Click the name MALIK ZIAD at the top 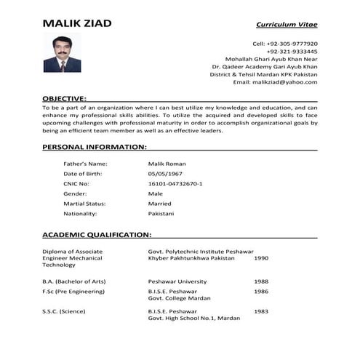[77, 23]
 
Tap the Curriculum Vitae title [286, 25]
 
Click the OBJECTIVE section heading [65, 97]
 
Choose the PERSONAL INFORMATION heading [95, 146]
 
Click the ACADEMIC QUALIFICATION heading [97, 235]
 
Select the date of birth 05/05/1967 [167, 174]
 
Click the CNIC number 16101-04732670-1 [175, 184]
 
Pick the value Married [160, 204]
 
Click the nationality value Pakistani [161, 215]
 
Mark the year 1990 [261, 258]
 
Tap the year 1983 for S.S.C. [261, 312]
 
